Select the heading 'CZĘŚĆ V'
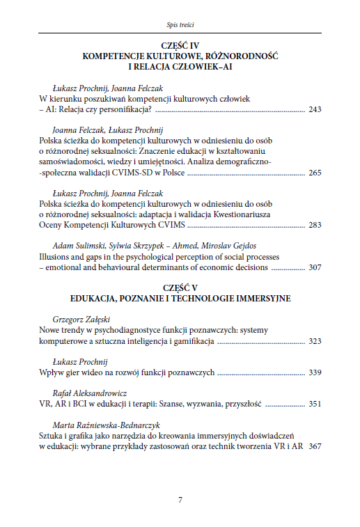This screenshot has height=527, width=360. [x=180, y=288]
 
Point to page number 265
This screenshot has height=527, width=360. [x=314, y=173]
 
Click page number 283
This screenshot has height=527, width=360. [x=314, y=225]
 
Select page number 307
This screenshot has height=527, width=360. [x=314, y=267]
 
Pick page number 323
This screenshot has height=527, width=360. [x=314, y=342]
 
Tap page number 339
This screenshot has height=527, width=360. [x=314, y=373]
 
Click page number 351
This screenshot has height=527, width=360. [x=314, y=404]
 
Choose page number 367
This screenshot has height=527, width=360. [x=314, y=446]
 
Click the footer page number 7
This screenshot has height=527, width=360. [x=180, y=500]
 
